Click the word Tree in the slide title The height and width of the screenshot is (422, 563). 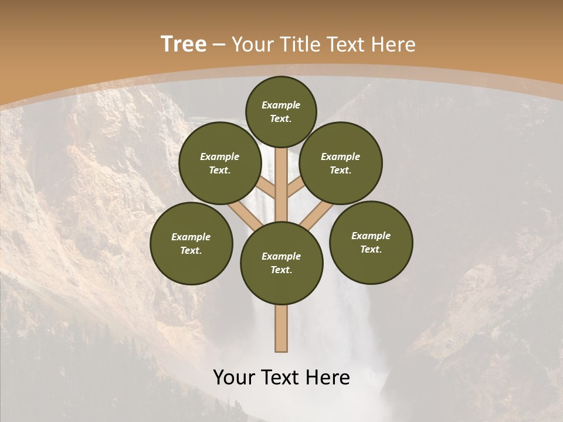184,45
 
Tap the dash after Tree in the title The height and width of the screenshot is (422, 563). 219,45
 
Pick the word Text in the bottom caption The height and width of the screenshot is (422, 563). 283,377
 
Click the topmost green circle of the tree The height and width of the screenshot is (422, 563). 281,111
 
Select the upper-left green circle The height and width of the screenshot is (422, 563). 219,163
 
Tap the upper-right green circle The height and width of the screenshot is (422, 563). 341,163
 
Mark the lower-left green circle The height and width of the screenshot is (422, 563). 191,243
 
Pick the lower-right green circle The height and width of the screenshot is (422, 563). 371,242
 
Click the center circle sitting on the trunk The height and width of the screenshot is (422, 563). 281,263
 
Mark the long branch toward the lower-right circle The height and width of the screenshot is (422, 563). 317,216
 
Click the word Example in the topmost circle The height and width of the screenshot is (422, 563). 281,105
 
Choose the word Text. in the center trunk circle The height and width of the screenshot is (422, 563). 281,270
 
